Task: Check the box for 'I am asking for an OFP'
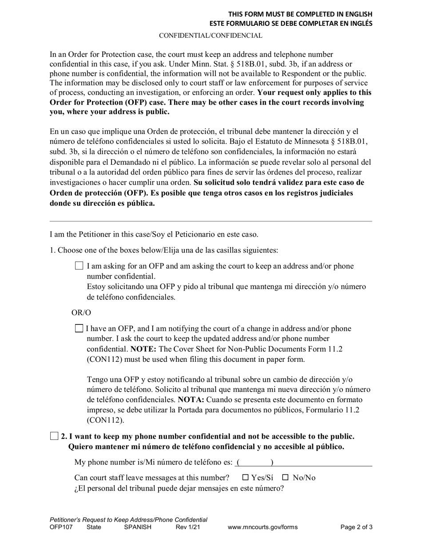(79, 266)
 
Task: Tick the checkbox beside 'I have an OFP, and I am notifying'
(79, 328)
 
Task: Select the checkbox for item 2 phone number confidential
(54, 436)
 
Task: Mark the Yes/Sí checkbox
(246, 478)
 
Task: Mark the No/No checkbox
(286, 478)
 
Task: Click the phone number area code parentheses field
(255, 463)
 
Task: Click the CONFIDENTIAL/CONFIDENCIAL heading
(211, 36)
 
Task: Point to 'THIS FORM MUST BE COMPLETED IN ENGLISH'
(300, 14)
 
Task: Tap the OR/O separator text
(81, 313)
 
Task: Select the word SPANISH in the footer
(138, 527)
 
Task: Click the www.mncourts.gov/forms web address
(263, 527)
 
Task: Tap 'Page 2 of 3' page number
(356, 527)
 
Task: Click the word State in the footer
(94, 527)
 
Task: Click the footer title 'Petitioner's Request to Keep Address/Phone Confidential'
(128, 519)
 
